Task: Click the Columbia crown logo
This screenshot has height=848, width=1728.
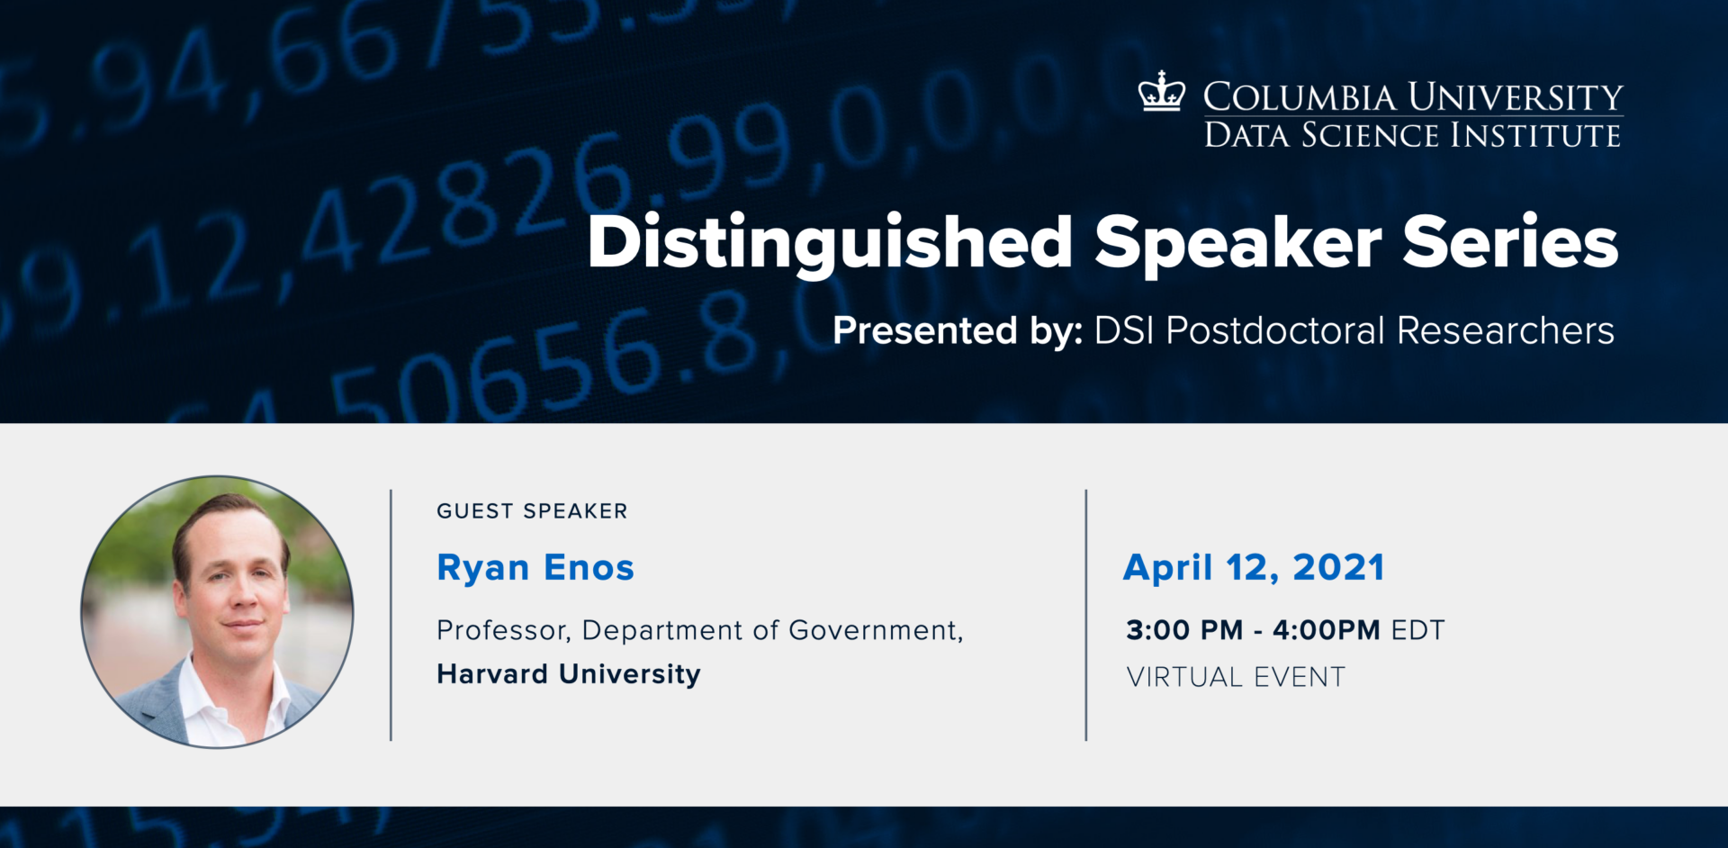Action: (x=1161, y=93)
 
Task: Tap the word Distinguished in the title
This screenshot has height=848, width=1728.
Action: (x=829, y=244)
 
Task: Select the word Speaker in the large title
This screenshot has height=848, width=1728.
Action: (x=1237, y=244)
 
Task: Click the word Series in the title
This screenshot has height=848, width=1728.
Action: (x=1510, y=242)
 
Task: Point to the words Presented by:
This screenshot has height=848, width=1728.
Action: (x=957, y=330)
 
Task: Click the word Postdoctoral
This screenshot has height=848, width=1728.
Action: (x=1275, y=330)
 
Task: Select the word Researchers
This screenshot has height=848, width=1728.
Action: (x=1505, y=330)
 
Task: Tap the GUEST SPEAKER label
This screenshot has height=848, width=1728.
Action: (x=532, y=511)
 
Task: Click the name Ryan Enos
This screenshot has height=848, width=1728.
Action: (x=535, y=568)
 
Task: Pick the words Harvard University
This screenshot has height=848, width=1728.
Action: (x=568, y=674)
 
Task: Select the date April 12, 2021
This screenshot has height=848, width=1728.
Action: (x=1254, y=568)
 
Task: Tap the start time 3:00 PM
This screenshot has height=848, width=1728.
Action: (x=1183, y=630)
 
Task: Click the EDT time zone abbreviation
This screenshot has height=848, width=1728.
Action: (x=1417, y=630)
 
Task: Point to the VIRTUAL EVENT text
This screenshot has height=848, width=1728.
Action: (x=1236, y=677)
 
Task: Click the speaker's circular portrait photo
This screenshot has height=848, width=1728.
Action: (x=217, y=612)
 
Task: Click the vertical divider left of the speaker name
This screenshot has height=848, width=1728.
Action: (x=391, y=615)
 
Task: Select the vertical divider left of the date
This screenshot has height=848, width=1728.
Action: (x=1086, y=615)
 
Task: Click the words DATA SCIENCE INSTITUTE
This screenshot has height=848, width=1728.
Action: (x=1412, y=136)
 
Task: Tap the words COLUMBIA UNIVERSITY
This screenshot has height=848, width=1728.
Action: (x=1412, y=96)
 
